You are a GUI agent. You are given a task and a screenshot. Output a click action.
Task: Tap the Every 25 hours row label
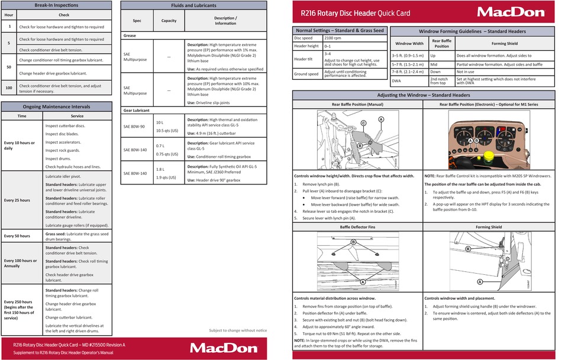point(17,200)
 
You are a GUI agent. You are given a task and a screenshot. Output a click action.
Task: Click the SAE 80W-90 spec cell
point(135,125)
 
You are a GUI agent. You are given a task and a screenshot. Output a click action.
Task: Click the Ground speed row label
point(306,74)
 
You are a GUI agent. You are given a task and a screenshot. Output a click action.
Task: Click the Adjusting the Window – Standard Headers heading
point(424,95)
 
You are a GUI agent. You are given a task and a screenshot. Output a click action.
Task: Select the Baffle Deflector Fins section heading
point(358,227)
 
